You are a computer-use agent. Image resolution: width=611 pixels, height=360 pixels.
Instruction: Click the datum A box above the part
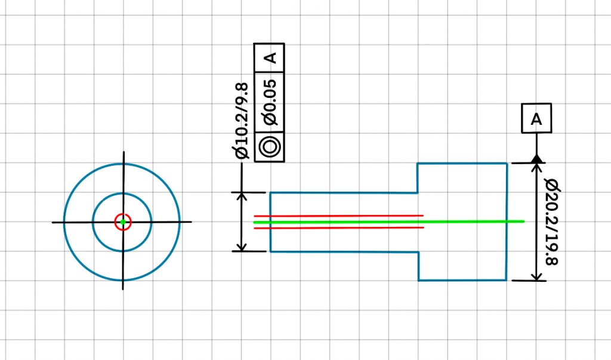(536, 118)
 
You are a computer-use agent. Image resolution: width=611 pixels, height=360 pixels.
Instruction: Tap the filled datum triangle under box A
(536, 159)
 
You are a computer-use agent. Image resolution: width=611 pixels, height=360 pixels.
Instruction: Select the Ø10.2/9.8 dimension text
(242, 121)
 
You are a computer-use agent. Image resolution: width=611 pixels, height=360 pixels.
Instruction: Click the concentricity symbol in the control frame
(269, 146)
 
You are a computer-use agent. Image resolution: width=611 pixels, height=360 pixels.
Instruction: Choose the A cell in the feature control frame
(270, 58)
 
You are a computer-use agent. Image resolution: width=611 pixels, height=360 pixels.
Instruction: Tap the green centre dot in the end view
(122, 222)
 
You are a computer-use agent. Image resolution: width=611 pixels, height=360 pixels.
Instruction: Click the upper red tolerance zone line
(338, 216)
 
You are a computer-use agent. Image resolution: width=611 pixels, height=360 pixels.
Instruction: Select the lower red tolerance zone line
(338, 227)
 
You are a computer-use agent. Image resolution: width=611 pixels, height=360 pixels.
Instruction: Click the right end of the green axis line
(523, 221)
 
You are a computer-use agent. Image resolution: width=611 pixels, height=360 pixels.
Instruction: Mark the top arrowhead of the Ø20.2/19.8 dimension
(536, 168)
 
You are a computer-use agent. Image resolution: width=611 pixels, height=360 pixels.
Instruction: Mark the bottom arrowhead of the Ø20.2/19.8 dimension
(536, 275)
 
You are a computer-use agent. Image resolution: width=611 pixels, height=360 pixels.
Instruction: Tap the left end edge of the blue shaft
(270, 222)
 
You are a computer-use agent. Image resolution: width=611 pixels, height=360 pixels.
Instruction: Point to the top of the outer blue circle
(122, 164)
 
